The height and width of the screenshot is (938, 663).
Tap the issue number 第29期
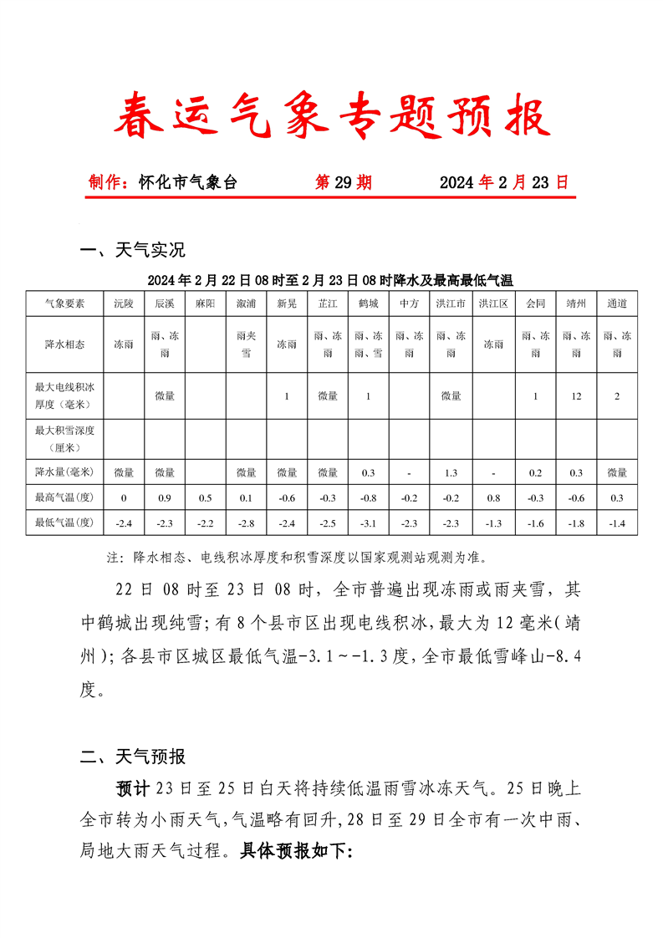point(344,182)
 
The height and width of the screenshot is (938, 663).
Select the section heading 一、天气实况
point(132,250)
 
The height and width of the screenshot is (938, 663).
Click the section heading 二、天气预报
point(132,757)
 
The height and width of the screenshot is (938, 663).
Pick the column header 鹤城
point(368,303)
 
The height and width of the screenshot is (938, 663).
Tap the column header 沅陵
point(124,303)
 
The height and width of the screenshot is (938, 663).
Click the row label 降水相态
point(64,344)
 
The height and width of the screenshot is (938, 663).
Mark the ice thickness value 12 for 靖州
point(577,396)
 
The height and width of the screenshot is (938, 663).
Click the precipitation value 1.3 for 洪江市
point(451,473)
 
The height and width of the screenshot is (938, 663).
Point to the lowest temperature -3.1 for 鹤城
point(368,523)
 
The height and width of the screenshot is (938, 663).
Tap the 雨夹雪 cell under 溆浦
point(246,344)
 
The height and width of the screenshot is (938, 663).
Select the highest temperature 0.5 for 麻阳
point(205,498)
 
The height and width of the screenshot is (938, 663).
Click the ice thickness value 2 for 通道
point(617,396)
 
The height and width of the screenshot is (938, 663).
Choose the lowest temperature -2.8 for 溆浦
point(246,523)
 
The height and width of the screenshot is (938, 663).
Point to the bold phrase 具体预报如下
point(296,851)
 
